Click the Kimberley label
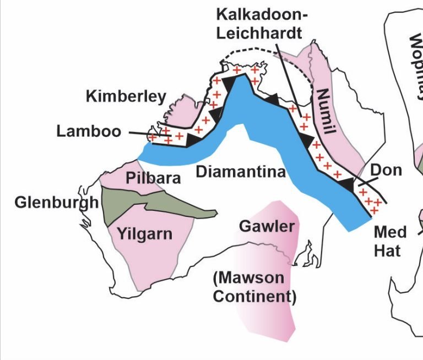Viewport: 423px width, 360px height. pos(126,97)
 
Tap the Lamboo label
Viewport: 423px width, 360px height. pos(89,131)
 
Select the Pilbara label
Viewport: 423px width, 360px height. pos(153,178)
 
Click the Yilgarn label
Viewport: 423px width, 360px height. pos(144,234)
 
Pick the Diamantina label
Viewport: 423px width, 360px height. pos(241,172)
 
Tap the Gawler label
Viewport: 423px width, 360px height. pos(267,226)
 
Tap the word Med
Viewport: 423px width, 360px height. pos(390,232)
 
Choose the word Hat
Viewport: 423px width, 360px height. pos(387,250)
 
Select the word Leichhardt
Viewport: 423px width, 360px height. pos(259,32)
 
